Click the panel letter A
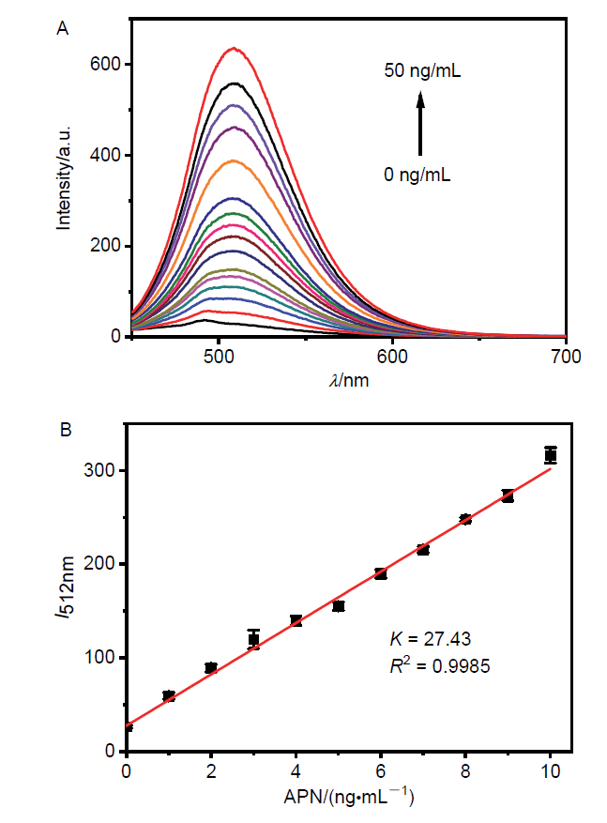tap(63, 29)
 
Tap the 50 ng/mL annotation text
tap(422, 70)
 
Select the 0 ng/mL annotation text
tap(418, 173)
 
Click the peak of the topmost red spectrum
tap(233, 48)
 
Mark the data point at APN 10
tap(551, 455)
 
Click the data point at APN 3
tap(253, 639)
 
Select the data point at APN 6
tap(380, 573)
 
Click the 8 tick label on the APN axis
tap(465, 771)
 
